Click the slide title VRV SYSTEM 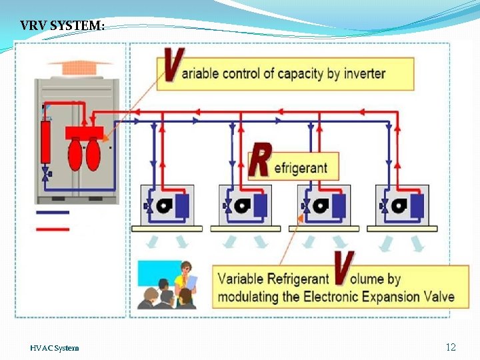point(62,26)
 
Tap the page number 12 point(451,347)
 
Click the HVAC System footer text point(54,348)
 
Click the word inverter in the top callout point(365,73)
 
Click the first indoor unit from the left point(167,205)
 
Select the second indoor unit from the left point(245,205)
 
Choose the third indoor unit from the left point(323,205)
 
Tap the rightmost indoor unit point(401,205)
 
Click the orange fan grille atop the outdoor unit point(79,68)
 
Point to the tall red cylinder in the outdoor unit point(45,142)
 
